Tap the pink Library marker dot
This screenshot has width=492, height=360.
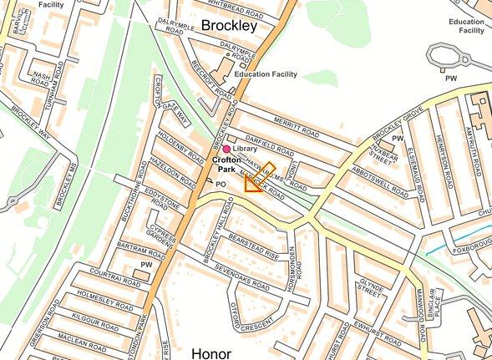(x=226, y=148)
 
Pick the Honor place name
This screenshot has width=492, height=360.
(x=210, y=353)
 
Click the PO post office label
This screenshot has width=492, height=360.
(x=221, y=183)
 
